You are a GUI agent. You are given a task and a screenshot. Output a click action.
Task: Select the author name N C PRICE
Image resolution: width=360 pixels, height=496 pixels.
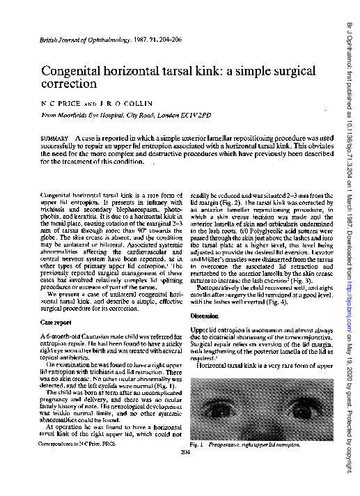pyautogui.click(x=58, y=105)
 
